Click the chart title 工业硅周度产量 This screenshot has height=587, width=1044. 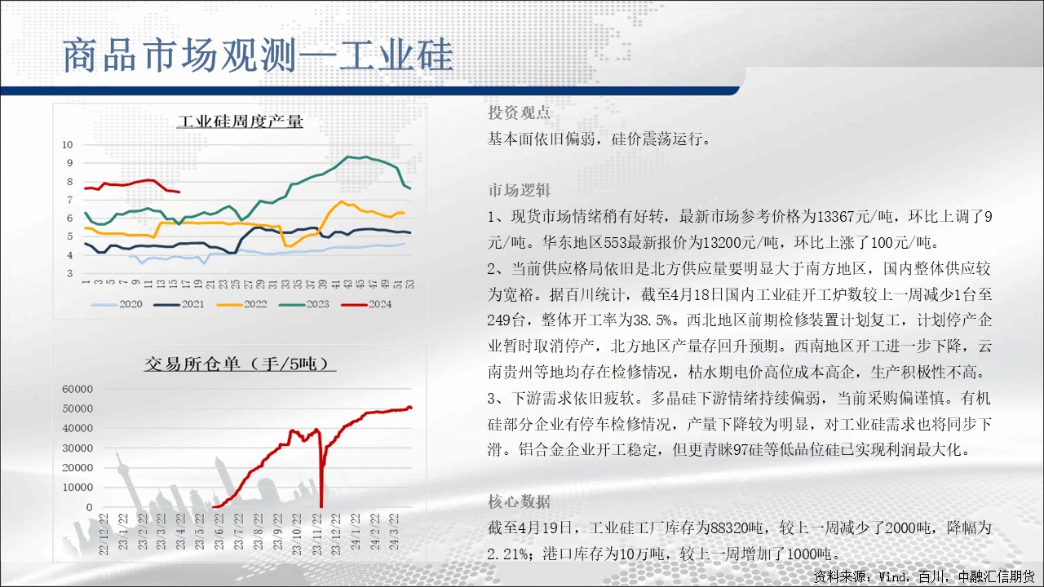coord(240,121)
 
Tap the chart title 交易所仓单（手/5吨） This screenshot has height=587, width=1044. coord(240,364)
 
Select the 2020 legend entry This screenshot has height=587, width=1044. coord(117,304)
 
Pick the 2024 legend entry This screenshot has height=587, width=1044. coord(366,304)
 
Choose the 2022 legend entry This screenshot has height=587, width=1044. coord(242,304)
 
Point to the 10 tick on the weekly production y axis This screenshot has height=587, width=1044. coord(68,144)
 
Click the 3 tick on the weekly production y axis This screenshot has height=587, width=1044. coord(70,273)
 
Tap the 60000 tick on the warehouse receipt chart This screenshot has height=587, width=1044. coord(77,389)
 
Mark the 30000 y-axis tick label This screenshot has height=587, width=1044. coord(77,448)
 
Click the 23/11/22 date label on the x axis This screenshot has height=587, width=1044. coord(317,534)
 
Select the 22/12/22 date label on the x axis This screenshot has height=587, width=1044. coord(104,534)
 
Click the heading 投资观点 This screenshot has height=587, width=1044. coord(519,113)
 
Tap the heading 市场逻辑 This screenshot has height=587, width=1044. coord(519,190)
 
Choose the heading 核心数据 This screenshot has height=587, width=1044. coord(519,501)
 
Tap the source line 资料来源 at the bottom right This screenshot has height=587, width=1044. coord(923,576)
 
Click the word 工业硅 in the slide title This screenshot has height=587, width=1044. coord(396,55)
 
